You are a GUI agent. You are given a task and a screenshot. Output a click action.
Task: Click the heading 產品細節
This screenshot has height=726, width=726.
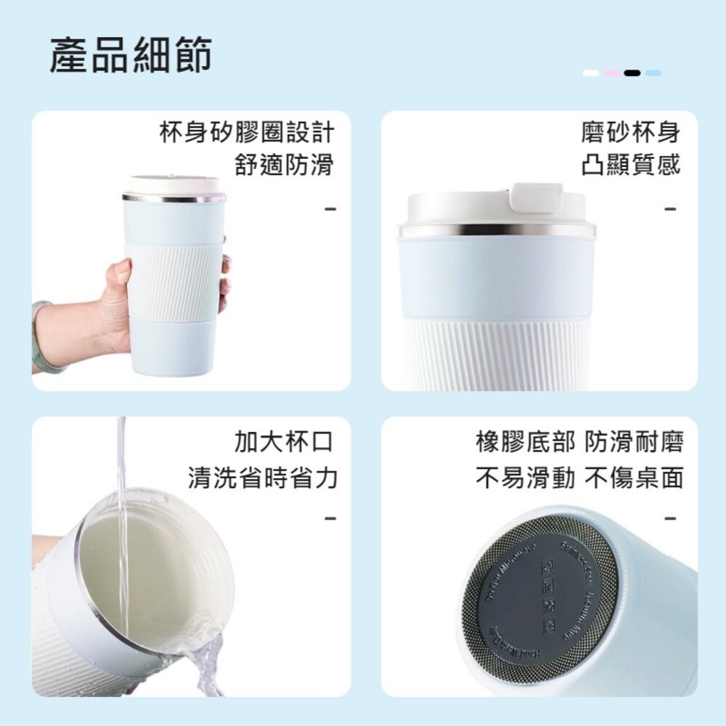pos(131,55)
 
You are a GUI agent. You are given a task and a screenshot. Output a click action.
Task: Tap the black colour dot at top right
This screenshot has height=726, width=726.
pos(632,73)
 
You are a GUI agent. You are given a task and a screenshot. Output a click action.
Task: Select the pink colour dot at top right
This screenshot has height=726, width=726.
pos(612,73)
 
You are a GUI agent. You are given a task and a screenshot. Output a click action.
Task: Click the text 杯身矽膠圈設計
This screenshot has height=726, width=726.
pos(246,132)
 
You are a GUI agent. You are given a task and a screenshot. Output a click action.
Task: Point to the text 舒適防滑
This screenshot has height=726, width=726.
pos(284,165)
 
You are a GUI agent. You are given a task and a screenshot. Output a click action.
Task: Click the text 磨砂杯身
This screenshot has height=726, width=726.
pos(631,132)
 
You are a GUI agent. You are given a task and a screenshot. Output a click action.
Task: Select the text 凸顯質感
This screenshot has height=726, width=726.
pos(631,165)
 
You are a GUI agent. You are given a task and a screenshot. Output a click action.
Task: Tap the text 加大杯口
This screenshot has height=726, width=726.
pos(284,442)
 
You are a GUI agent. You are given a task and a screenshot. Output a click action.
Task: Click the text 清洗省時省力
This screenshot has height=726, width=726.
pos(263,477)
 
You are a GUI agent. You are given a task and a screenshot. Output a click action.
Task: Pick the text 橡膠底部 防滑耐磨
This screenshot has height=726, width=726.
pos(579,442)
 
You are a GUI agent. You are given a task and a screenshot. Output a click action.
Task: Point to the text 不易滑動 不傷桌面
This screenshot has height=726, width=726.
pos(579,477)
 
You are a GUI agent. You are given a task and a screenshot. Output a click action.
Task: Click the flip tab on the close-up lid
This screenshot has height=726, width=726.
pos(537,197)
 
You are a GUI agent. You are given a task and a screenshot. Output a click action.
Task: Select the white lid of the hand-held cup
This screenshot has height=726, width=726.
pos(174,184)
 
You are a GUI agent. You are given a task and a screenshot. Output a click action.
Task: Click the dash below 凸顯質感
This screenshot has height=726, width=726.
pos(670,210)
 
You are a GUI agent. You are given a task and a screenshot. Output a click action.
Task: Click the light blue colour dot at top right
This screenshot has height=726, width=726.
pos(653,73)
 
